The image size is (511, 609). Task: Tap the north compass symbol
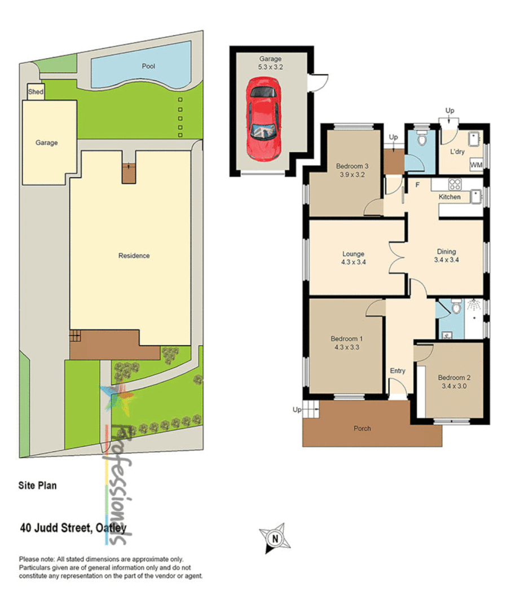(275, 538)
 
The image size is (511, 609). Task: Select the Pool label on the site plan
(148, 66)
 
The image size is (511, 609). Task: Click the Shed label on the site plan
(36, 92)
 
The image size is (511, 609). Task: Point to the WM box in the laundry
(477, 165)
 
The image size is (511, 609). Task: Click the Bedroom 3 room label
(352, 166)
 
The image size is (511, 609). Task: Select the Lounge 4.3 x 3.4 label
(353, 258)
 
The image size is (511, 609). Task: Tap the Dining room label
(446, 251)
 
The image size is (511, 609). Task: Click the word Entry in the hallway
(398, 370)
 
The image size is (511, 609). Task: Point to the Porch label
(362, 429)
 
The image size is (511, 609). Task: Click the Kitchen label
(450, 197)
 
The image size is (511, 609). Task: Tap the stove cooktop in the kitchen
(455, 184)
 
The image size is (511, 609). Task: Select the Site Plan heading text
(38, 485)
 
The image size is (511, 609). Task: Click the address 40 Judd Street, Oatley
(73, 528)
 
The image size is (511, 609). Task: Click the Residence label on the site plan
(134, 255)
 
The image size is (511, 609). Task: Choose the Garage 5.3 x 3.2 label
(270, 63)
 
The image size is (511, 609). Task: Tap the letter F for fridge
(418, 184)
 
